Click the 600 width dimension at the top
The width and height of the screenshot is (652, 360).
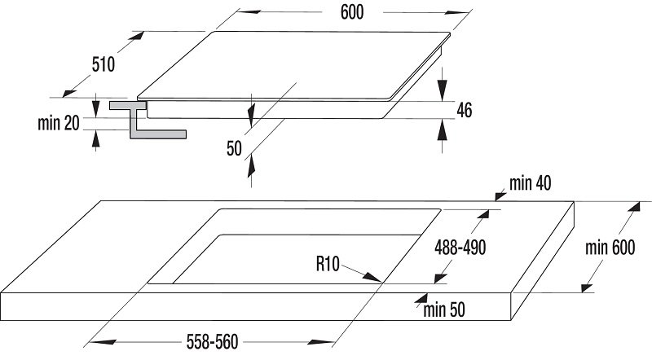[x=352, y=12]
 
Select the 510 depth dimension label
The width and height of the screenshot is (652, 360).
[x=104, y=64]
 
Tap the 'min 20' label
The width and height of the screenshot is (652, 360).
[x=58, y=123]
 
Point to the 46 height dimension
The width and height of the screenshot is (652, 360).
[x=465, y=110]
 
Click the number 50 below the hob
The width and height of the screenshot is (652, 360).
[x=234, y=148]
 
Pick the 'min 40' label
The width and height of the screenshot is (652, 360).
[x=531, y=183]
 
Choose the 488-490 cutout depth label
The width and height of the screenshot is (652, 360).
[x=460, y=248]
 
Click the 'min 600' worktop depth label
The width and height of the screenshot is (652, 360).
[x=610, y=248]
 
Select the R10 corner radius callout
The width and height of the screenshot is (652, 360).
[x=328, y=264]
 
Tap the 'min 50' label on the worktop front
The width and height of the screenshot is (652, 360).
[x=444, y=310]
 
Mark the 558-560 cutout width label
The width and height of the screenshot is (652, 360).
[x=212, y=342]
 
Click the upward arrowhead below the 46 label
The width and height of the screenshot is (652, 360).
[x=443, y=132]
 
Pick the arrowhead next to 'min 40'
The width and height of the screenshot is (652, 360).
[x=500, y=195]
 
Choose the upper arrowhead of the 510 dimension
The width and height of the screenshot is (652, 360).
[x=136, y=36]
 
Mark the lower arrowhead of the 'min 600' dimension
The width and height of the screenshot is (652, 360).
[x=587, y=288]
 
